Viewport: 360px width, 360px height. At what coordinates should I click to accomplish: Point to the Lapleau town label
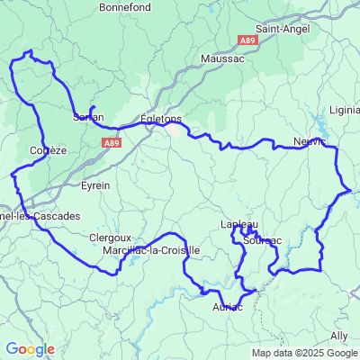click(239, 224)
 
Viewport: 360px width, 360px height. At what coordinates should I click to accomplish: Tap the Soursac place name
click(262, 240)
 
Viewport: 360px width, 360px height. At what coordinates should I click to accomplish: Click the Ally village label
click(339, 335)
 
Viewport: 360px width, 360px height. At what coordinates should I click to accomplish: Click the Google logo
click(30, 349)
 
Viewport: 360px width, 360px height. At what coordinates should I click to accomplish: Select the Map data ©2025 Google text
click(304, 354)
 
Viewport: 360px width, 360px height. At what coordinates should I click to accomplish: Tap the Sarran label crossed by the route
click(88, 117)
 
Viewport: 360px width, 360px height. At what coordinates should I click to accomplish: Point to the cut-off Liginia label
click(345, 111)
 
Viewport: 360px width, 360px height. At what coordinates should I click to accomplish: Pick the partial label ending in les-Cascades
click(40, 216)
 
